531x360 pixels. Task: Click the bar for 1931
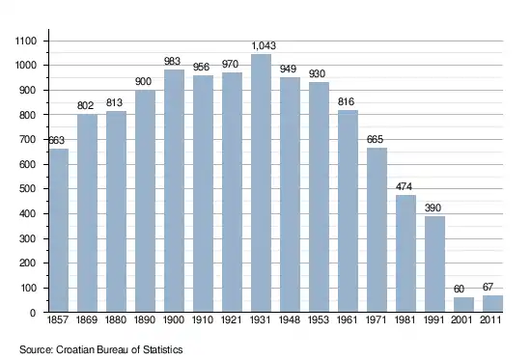(x=261, y=182)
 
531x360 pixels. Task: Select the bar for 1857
(x=59, y=231)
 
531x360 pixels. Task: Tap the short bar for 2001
(x=463, y=304)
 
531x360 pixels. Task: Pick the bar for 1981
(x=405, y=253)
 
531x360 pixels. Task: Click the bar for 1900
(x=174, y=191)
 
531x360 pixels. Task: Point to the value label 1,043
(x=264, y=45)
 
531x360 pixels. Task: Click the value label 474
(x=404, y=186)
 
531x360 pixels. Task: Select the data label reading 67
(x=488, y=288)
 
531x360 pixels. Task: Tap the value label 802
(x=85, y=105)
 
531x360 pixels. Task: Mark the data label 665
(x=375, y=139)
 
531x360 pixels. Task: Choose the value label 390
(x=433, y=208)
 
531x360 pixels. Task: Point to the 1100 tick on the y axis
(x=26, y=41)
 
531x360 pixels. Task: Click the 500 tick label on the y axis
(x=27, y=188)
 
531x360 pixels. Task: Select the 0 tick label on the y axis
(x=33, y=313)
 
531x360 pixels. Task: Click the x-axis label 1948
(x=290, y=319)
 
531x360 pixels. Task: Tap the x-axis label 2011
(x=490, y=319)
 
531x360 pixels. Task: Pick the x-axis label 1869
(x=87, y=319)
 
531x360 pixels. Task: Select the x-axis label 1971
(x=376, y=319)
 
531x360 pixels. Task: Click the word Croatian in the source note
(x=75, y=349)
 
